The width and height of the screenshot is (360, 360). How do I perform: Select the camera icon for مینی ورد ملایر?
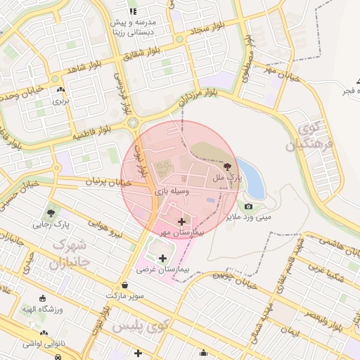coord(248,206)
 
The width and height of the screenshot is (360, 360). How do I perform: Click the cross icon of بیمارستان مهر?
coord(182,221)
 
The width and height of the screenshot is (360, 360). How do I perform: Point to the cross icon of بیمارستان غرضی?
coord(164,258)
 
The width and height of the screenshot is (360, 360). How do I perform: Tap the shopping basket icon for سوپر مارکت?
coord(125,285)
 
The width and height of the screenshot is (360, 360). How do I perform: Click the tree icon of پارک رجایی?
coord(51,212)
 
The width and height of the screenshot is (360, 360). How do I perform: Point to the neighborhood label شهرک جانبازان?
coord(70,255)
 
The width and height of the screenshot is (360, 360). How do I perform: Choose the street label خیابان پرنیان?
coord(108,183)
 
